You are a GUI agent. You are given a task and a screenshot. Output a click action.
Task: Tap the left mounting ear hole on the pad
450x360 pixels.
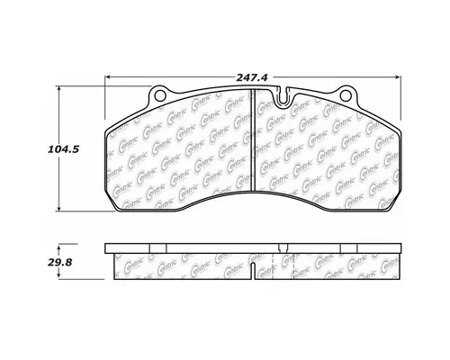point(160,94)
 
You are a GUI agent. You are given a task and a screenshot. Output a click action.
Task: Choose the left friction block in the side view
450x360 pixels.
point(184,264)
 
